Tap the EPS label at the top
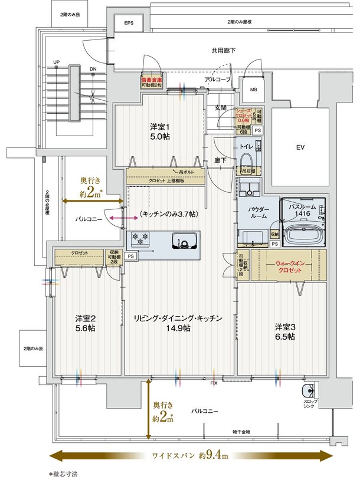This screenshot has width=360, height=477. pos(129,23)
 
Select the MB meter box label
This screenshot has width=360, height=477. pos(253,90)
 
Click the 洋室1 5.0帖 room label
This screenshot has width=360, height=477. pos(159,131)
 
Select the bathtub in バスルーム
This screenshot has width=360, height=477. pos(303,235)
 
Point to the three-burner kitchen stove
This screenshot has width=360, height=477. pos(142,239)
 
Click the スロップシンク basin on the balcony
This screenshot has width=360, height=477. pos(307,392)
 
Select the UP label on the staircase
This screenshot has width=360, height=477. pos(57,61)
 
